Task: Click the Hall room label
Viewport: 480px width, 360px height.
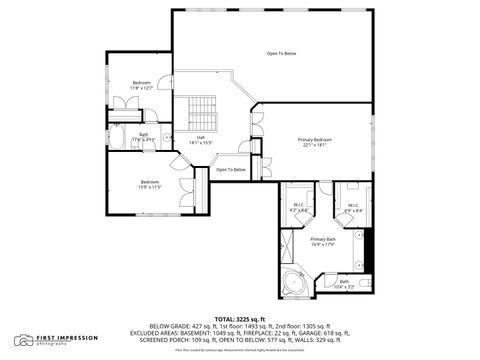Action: [x=201, y=139]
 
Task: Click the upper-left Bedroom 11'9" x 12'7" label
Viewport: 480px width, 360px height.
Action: [x=141, y=85]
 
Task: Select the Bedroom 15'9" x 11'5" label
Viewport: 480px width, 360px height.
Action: [x=150, y=183]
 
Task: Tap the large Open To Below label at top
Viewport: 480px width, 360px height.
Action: [x=281, y=53]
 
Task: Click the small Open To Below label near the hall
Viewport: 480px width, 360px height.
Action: [x=231, y=170]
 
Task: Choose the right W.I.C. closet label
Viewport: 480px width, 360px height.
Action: [x=353, y=208]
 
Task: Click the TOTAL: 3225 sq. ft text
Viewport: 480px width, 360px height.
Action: [x=240, y=317]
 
